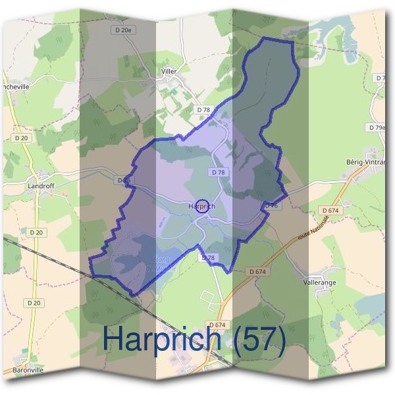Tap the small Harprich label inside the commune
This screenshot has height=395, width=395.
click(202, 206)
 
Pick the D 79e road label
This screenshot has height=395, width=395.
click(377, 128)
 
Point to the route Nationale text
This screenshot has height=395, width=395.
click(313, 228)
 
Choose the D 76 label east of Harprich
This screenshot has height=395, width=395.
click(273, 206)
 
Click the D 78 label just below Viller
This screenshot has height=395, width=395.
click(203, 109)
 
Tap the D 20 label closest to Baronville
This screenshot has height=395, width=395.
click(34, 303)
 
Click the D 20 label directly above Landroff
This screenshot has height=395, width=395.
click(21, 138)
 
